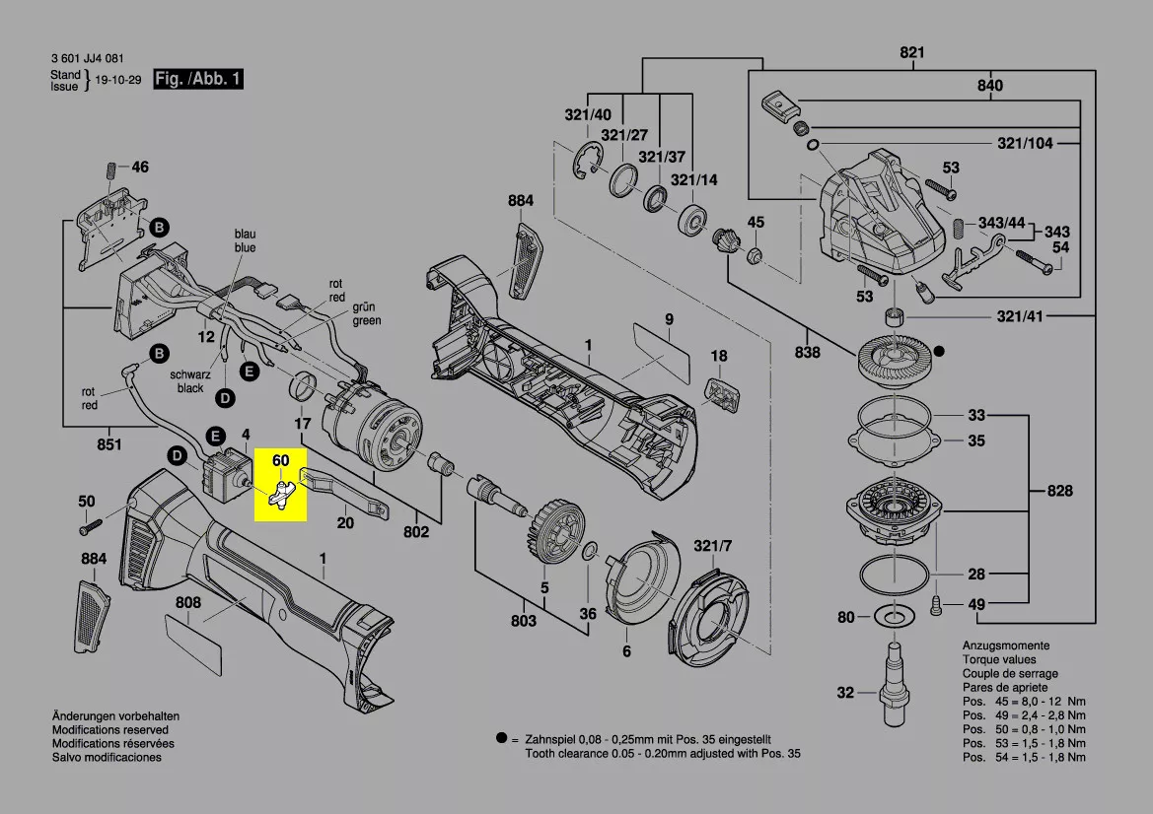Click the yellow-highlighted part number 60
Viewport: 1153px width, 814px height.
pyautogui.click(x=281, y=460)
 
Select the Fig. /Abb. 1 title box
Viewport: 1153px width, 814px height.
pyautogui.click(x=197, y=79)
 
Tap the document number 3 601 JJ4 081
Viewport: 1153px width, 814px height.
pyautogui.click(x=87, y=59)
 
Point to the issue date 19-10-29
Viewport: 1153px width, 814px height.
pyautogui.click(x=118, y=80)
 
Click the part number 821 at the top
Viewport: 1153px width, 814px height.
pyautogui.click(x=912, y=53)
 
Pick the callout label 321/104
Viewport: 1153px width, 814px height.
pyautogui.click(x=1024, y=144)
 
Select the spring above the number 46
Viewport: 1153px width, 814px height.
pyautogui.click(x=111, y=169)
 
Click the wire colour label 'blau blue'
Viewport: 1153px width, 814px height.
pyautogui.click(x=245, y=241)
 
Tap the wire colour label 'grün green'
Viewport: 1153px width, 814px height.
pyautogui.click(x=366, y=314)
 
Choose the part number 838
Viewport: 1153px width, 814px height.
pyautogui.click(x=807, y=352)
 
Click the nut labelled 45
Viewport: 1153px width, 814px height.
pyautogui.click(x=754, y=256)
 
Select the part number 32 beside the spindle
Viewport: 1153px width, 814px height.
pyautogui.click(x=845, y=693)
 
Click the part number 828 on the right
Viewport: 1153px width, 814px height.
pyautogui.click(x=1059, y=491)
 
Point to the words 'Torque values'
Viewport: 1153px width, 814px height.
pyautogui.click(x=999, y=659)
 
